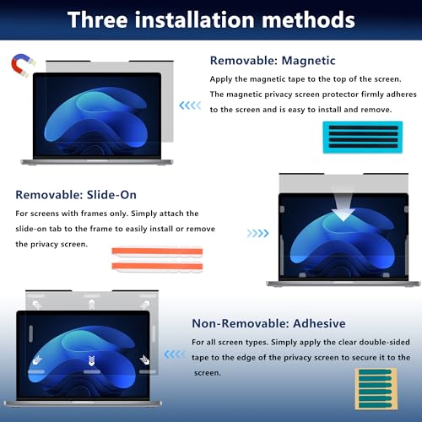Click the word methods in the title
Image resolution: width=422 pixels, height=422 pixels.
[x=309, y=18]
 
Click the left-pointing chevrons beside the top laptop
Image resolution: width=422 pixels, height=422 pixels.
[x=191, y=105]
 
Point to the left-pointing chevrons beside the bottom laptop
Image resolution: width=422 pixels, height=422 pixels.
[x=176, y=357]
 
